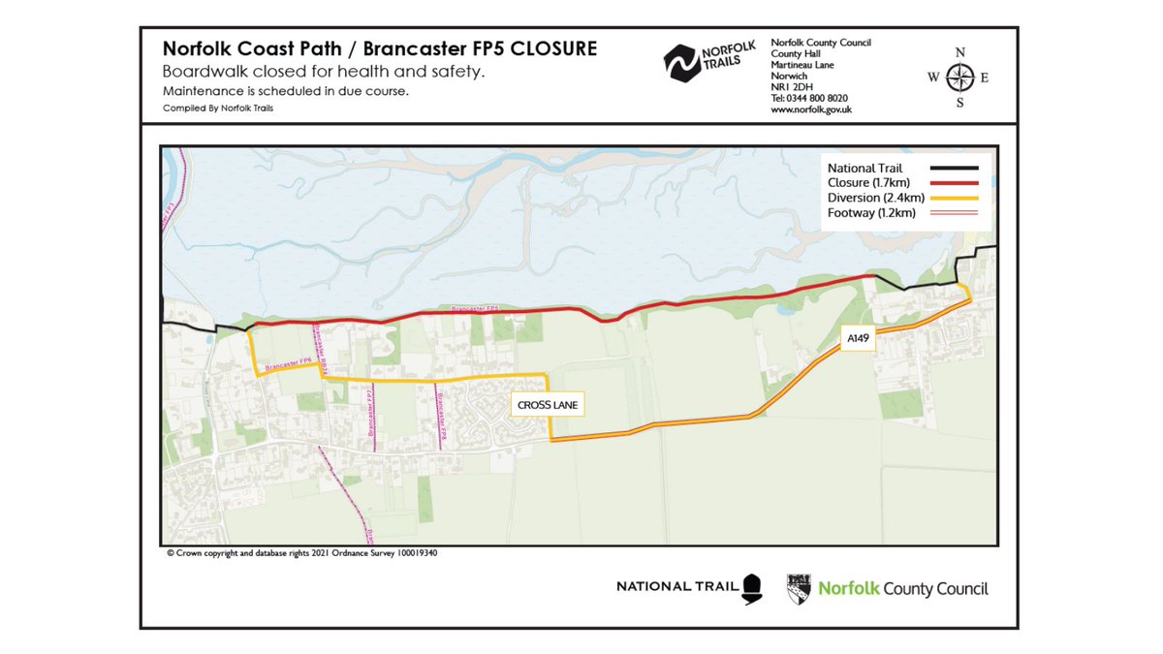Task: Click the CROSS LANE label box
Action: [548, 405]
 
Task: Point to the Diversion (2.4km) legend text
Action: [871, 197]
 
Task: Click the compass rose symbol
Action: [959, 78]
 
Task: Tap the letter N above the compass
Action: [959, 52]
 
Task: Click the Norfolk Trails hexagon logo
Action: [682, 63]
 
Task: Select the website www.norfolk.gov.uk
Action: [811, 109]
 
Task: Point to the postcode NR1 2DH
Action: [791, 87]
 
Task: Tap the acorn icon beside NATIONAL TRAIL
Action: [753, 588]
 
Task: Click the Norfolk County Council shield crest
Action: [800, 587]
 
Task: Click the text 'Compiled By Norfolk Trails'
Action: [219, 109]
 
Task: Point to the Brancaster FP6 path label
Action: [292, 365]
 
